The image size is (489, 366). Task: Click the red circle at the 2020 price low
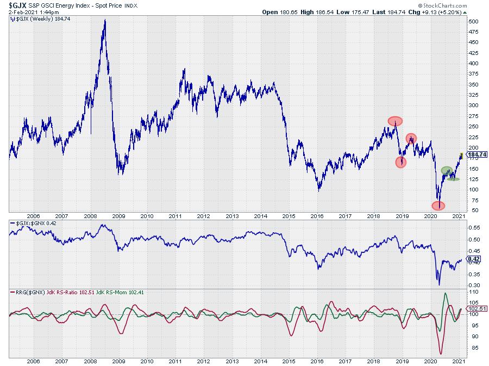[438, 206]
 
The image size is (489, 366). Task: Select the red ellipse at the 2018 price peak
[395, 121]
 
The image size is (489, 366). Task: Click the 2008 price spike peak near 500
[104, 20]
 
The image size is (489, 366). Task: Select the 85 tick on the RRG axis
[474, 348]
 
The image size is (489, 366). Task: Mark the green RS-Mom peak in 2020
[446, 294]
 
